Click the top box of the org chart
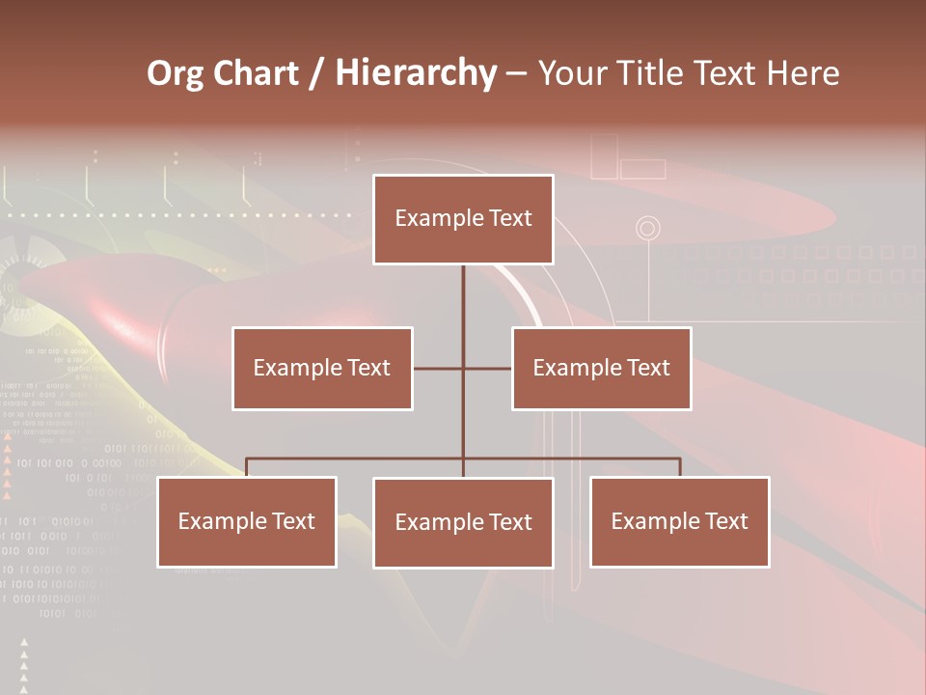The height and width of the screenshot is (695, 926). point(463,219)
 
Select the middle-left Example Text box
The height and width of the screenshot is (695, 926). point(322,368)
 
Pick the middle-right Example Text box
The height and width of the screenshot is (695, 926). point(602,368)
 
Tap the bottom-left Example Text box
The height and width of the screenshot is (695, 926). point(247,521)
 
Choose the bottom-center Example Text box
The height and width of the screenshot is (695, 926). point(463,522)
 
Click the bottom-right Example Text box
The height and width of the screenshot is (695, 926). point(680,521)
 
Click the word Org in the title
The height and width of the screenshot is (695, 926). point(175,73)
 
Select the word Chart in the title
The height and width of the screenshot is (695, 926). point(255,73)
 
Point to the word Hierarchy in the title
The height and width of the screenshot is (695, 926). point(415,73)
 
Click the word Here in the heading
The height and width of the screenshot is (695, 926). point(803,73)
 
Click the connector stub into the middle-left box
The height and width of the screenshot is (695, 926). point(437,368)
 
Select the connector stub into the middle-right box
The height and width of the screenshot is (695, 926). point(488,368)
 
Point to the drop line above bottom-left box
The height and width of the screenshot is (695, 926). point(247,467)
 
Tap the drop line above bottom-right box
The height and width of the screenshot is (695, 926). point(680,467)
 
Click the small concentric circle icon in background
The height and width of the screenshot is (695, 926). point(648,229)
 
